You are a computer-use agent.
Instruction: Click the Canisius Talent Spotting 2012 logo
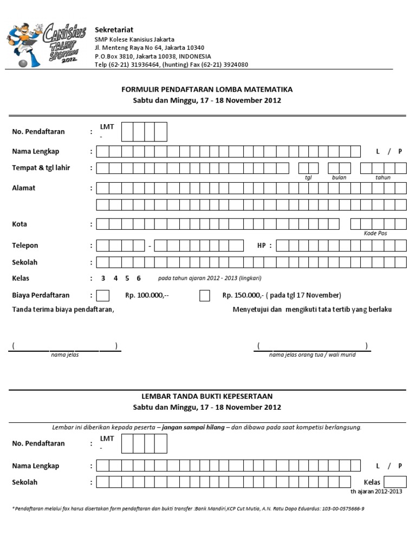click(x=43, y=44)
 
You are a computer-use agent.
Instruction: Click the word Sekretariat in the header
click(x=114, y=29)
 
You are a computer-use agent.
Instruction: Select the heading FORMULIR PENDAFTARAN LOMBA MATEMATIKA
click(x=207, y=89)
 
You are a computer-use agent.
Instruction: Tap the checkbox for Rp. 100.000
click(x=103, y=295)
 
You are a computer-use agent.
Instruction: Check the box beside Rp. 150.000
click(x=205, y=295)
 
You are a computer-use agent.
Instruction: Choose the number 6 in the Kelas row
click(x=139, y=279)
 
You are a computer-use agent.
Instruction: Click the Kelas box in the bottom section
click(x=395, y=482)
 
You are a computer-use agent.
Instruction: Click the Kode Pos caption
click(x=375, y=233)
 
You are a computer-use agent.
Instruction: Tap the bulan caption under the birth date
click(x=339, y=177)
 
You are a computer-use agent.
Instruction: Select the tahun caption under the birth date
click(x=382, y=177)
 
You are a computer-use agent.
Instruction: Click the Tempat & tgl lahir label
click(x=41, y=167)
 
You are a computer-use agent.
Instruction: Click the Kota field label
click(x=19, y=224)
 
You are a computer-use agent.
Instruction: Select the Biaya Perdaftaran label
click(x=41, y=295)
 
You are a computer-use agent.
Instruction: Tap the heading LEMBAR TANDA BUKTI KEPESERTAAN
click(x=207, y=396)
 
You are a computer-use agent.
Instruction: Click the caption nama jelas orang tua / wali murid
click(x=312, y=354)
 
